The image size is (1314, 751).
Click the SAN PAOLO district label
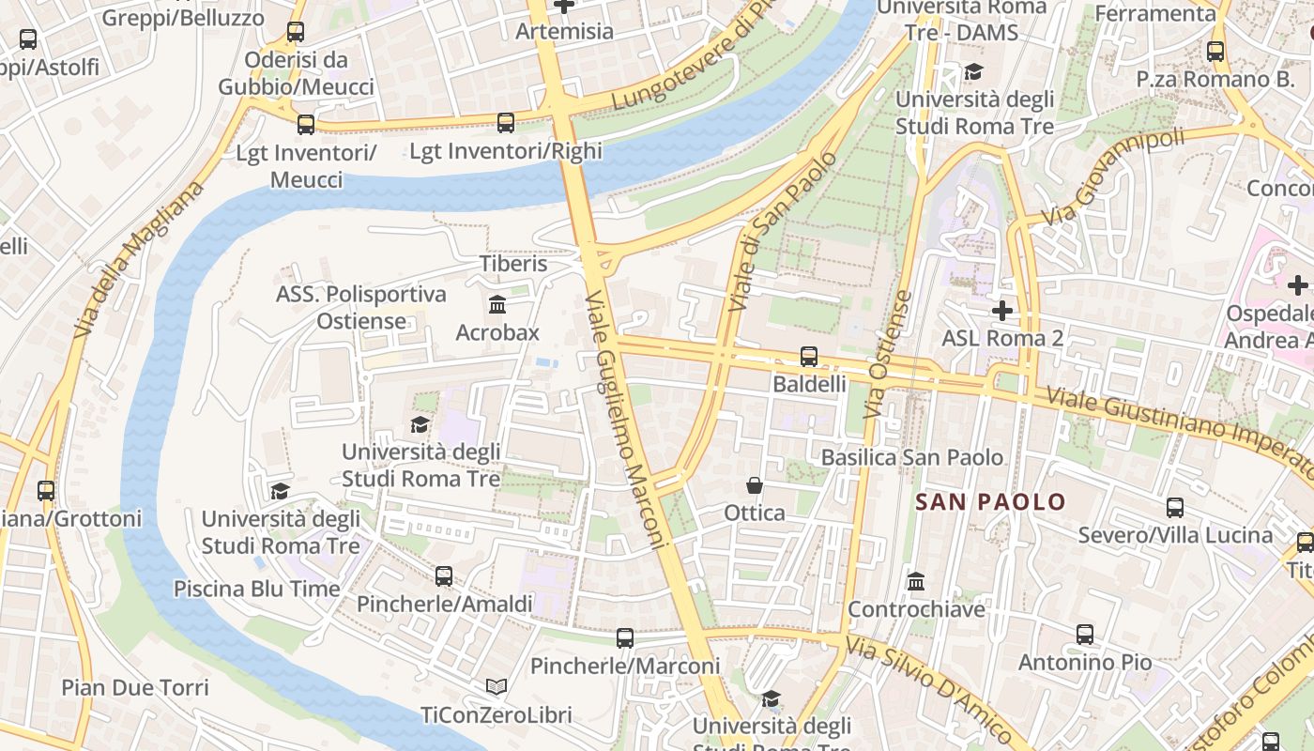[990, 502]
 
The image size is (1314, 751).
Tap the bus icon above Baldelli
[808, 357]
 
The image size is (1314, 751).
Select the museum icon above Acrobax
[497, 305]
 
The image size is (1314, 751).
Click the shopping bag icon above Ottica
[754, 485]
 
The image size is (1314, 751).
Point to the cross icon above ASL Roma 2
[1001, 310]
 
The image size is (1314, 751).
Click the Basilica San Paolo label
[911, 457]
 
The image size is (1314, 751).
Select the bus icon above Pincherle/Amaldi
[444, 576]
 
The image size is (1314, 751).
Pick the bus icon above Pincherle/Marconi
[625, 638]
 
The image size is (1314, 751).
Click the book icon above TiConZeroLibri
[497, 687]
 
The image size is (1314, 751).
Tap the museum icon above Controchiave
[916, 582]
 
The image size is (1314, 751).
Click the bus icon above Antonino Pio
[1085, 635]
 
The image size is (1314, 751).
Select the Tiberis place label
[513, 264]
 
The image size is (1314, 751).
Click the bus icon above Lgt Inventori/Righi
[506, 123]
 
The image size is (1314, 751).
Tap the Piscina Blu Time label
[256, 589]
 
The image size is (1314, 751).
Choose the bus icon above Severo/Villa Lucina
[1174, 508]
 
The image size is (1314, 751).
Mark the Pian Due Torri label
[135, 687]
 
